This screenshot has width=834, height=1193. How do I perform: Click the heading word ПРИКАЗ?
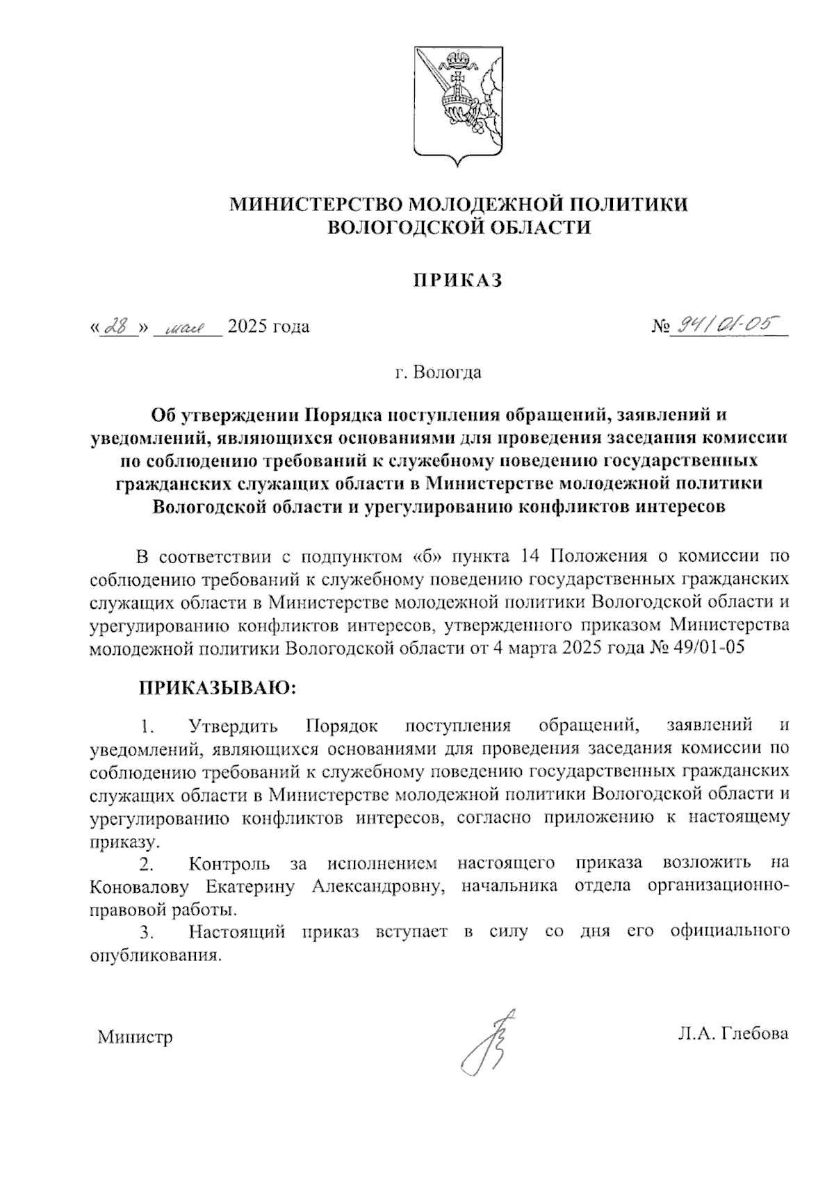point(458,281)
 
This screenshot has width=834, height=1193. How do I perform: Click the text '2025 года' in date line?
point(268,326)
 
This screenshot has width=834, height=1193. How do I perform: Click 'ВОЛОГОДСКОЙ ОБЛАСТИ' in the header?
point(459,227)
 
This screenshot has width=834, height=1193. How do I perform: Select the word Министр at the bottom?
point(135,1038)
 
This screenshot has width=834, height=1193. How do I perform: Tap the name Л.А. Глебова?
point(733,1033)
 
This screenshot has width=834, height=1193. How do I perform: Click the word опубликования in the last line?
point(156,955)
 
